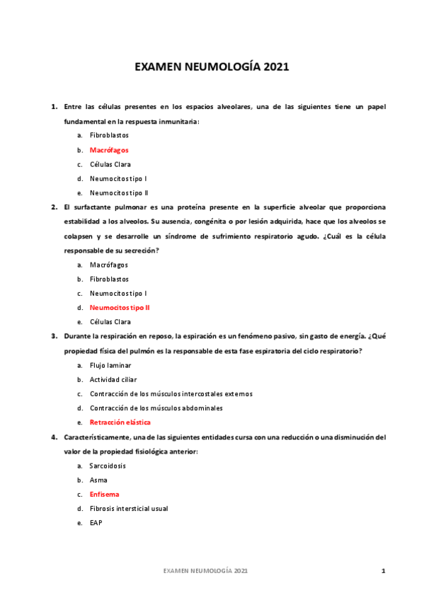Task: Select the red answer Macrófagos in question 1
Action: pyautogui.click(x=109, y=150)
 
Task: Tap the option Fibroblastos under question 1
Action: pyautogui.click(x=109, y=136)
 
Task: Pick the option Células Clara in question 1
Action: pyautogui.click(x=110, y=164)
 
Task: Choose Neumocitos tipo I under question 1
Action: pyautogui.click(x=118, y=178)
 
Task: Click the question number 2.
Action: pyautogui.click(x=54, y=207)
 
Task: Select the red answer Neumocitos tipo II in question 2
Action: pyautogui.click(x=120, y=308)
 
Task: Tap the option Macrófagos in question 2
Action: pyautogui.click(x=109, y=265)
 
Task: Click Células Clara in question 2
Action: pyautogui.click(x=110, y=322)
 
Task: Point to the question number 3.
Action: pyautogui.click(x=54, y=337)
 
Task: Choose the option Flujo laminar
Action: pyautogui.click(x=110, y=365)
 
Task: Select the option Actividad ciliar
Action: pyautogui.click(x=113, y=379)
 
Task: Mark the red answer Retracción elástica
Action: pyautogui.click(x=120, y=422)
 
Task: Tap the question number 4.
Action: pyautogui.click(x=54, y=437)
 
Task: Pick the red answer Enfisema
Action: pyautogui.click(x=104, y=495)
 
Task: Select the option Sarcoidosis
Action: pyautogui.click(x=108, y=466)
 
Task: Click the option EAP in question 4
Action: pyautogui.click(x=96, y=523)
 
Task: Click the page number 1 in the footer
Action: pyautogui.click(x=383, y=570)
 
